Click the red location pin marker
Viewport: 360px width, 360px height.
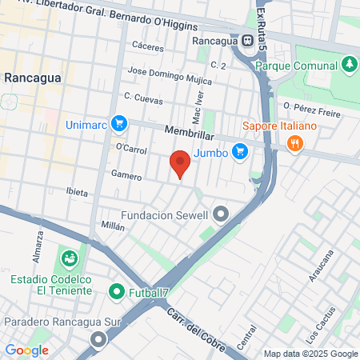(180, 163)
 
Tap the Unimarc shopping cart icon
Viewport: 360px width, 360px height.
(119, 123)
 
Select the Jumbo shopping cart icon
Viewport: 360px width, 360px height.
(239, 150)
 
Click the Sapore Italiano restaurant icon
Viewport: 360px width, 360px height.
(295, 143)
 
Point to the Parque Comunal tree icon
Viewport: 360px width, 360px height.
(349, 63)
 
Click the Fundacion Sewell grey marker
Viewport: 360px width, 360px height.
(222, 214)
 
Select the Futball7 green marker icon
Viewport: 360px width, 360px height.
(117, 291)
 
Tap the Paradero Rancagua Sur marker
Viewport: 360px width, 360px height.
(98, 340)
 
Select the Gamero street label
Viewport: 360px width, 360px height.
(126, 176)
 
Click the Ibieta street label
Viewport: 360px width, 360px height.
(78, 193)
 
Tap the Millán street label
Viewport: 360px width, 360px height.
(113, 226)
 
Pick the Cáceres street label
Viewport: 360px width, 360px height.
(148, 46)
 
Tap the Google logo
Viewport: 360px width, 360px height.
(26, 350)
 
